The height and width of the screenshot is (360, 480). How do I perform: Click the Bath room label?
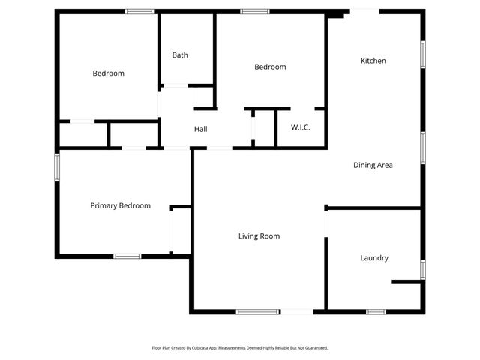pyautogui.click(x=180, y=55)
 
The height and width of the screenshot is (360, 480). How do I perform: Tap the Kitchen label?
pyautogui.click(x=373, y=61)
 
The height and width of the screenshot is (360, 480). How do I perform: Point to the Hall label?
pyautogui.click(x=200, y=129)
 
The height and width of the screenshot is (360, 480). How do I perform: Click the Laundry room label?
pyautogui.click(x=374, y=258)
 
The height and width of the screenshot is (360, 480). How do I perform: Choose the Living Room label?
pyautogui.click(x=259, y=236)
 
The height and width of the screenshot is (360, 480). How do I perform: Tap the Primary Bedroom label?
pyautogui.click(x=120, y=205)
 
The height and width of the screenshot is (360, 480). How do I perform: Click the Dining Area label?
pyautogui.click(x=373, y=165)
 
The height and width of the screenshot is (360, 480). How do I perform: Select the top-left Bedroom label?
pyautogui.click(x=108, y=73)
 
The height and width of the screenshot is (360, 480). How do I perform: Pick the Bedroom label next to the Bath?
pyautogui.click(x=270, y=67)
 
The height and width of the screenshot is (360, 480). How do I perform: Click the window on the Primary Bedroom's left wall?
pyautogui.click(x=57, y=167)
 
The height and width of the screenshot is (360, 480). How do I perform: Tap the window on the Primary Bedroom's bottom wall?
pyautogui.click(x=127, y=256)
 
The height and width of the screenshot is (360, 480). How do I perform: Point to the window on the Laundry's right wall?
pyautogui.click(x=423, y=269)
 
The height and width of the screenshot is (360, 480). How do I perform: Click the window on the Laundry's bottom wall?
pyautogui.click(x=376, y=311)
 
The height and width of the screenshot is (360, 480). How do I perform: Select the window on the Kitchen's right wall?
pyautogui.click(x=423, y=54)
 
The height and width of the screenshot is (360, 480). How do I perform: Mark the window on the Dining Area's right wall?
pyautogui.click(x=423, y=147)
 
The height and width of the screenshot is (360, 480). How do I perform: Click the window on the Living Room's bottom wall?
pyautogui.click(x=258, y=311)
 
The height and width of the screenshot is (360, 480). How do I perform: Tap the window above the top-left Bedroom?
pyautogui.click(x=139, y=11)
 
